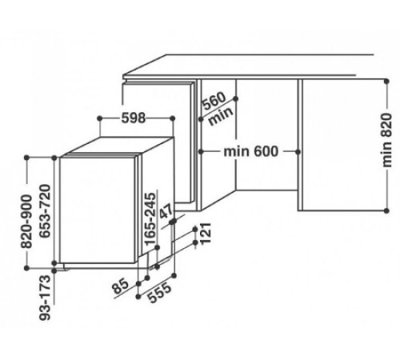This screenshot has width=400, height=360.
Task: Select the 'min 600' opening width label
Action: (250, 151)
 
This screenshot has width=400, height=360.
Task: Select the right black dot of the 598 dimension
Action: (175, 118)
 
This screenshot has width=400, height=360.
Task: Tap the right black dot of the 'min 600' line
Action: (300, 151)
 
